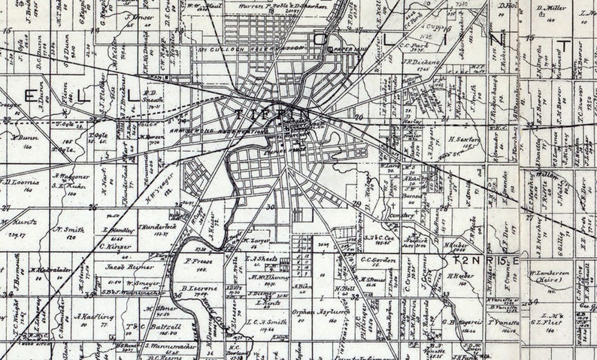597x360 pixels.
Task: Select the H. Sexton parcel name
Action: [465, 139]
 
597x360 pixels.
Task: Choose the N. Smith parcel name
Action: [68, 229]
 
